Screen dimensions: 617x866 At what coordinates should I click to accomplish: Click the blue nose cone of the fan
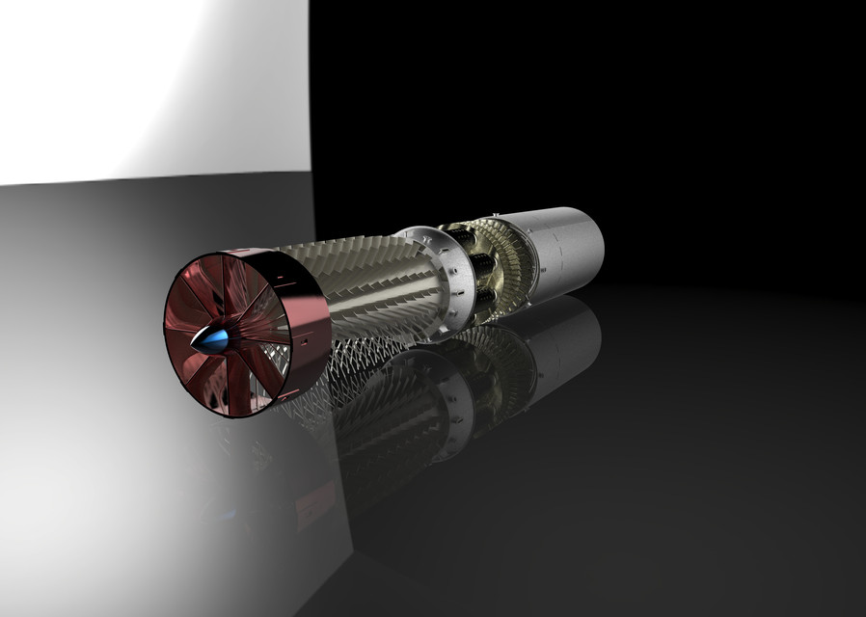[x=215, y=339]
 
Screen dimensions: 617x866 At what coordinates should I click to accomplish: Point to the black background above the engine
[x=579, y=96]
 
